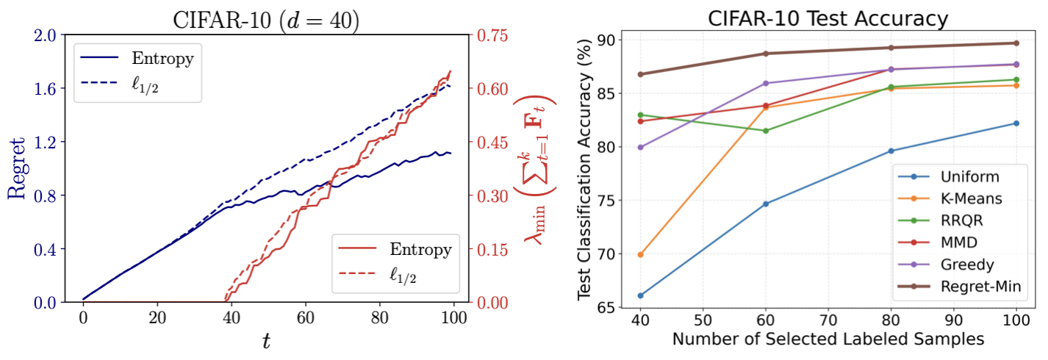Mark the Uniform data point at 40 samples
click(640, 295)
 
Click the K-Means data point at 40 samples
click(640, 254)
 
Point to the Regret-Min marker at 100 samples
click(1016, 43)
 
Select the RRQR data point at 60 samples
click(766, 131)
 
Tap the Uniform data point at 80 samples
click(891, 151)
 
